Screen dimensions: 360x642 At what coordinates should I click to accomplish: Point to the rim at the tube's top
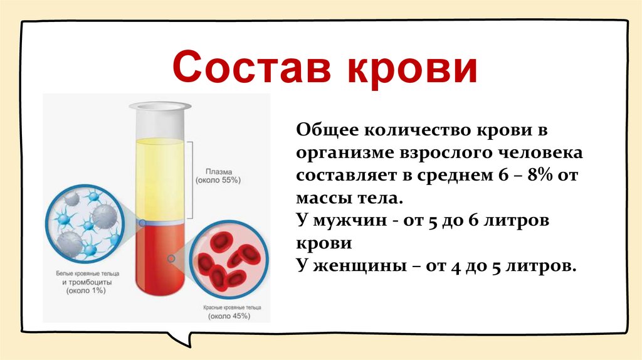[160, 107]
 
